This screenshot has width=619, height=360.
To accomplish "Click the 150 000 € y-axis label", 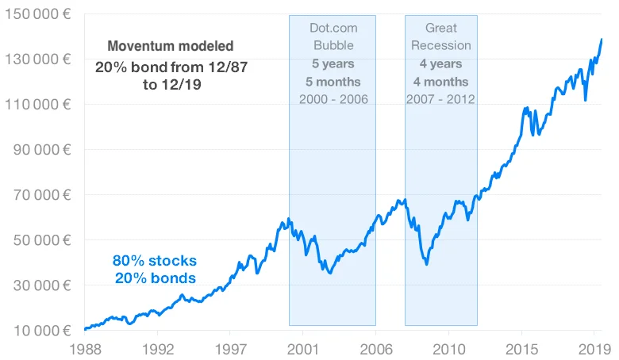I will [x=39, y=13].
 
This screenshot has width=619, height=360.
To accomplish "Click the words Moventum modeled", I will [x=171, y=47].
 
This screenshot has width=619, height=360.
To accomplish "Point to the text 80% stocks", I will [x=154, y=260].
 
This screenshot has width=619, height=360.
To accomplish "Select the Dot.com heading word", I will [x=333, y=28].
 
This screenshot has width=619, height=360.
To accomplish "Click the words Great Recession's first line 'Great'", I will [x=441, y=28].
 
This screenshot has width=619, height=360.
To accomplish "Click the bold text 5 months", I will [x=333, y=81].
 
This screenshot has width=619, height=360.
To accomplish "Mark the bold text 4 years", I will [x=441, y=63].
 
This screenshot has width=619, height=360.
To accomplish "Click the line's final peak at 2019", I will [x=602, y=39].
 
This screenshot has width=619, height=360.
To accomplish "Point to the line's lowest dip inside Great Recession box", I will [x=427, y=263].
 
